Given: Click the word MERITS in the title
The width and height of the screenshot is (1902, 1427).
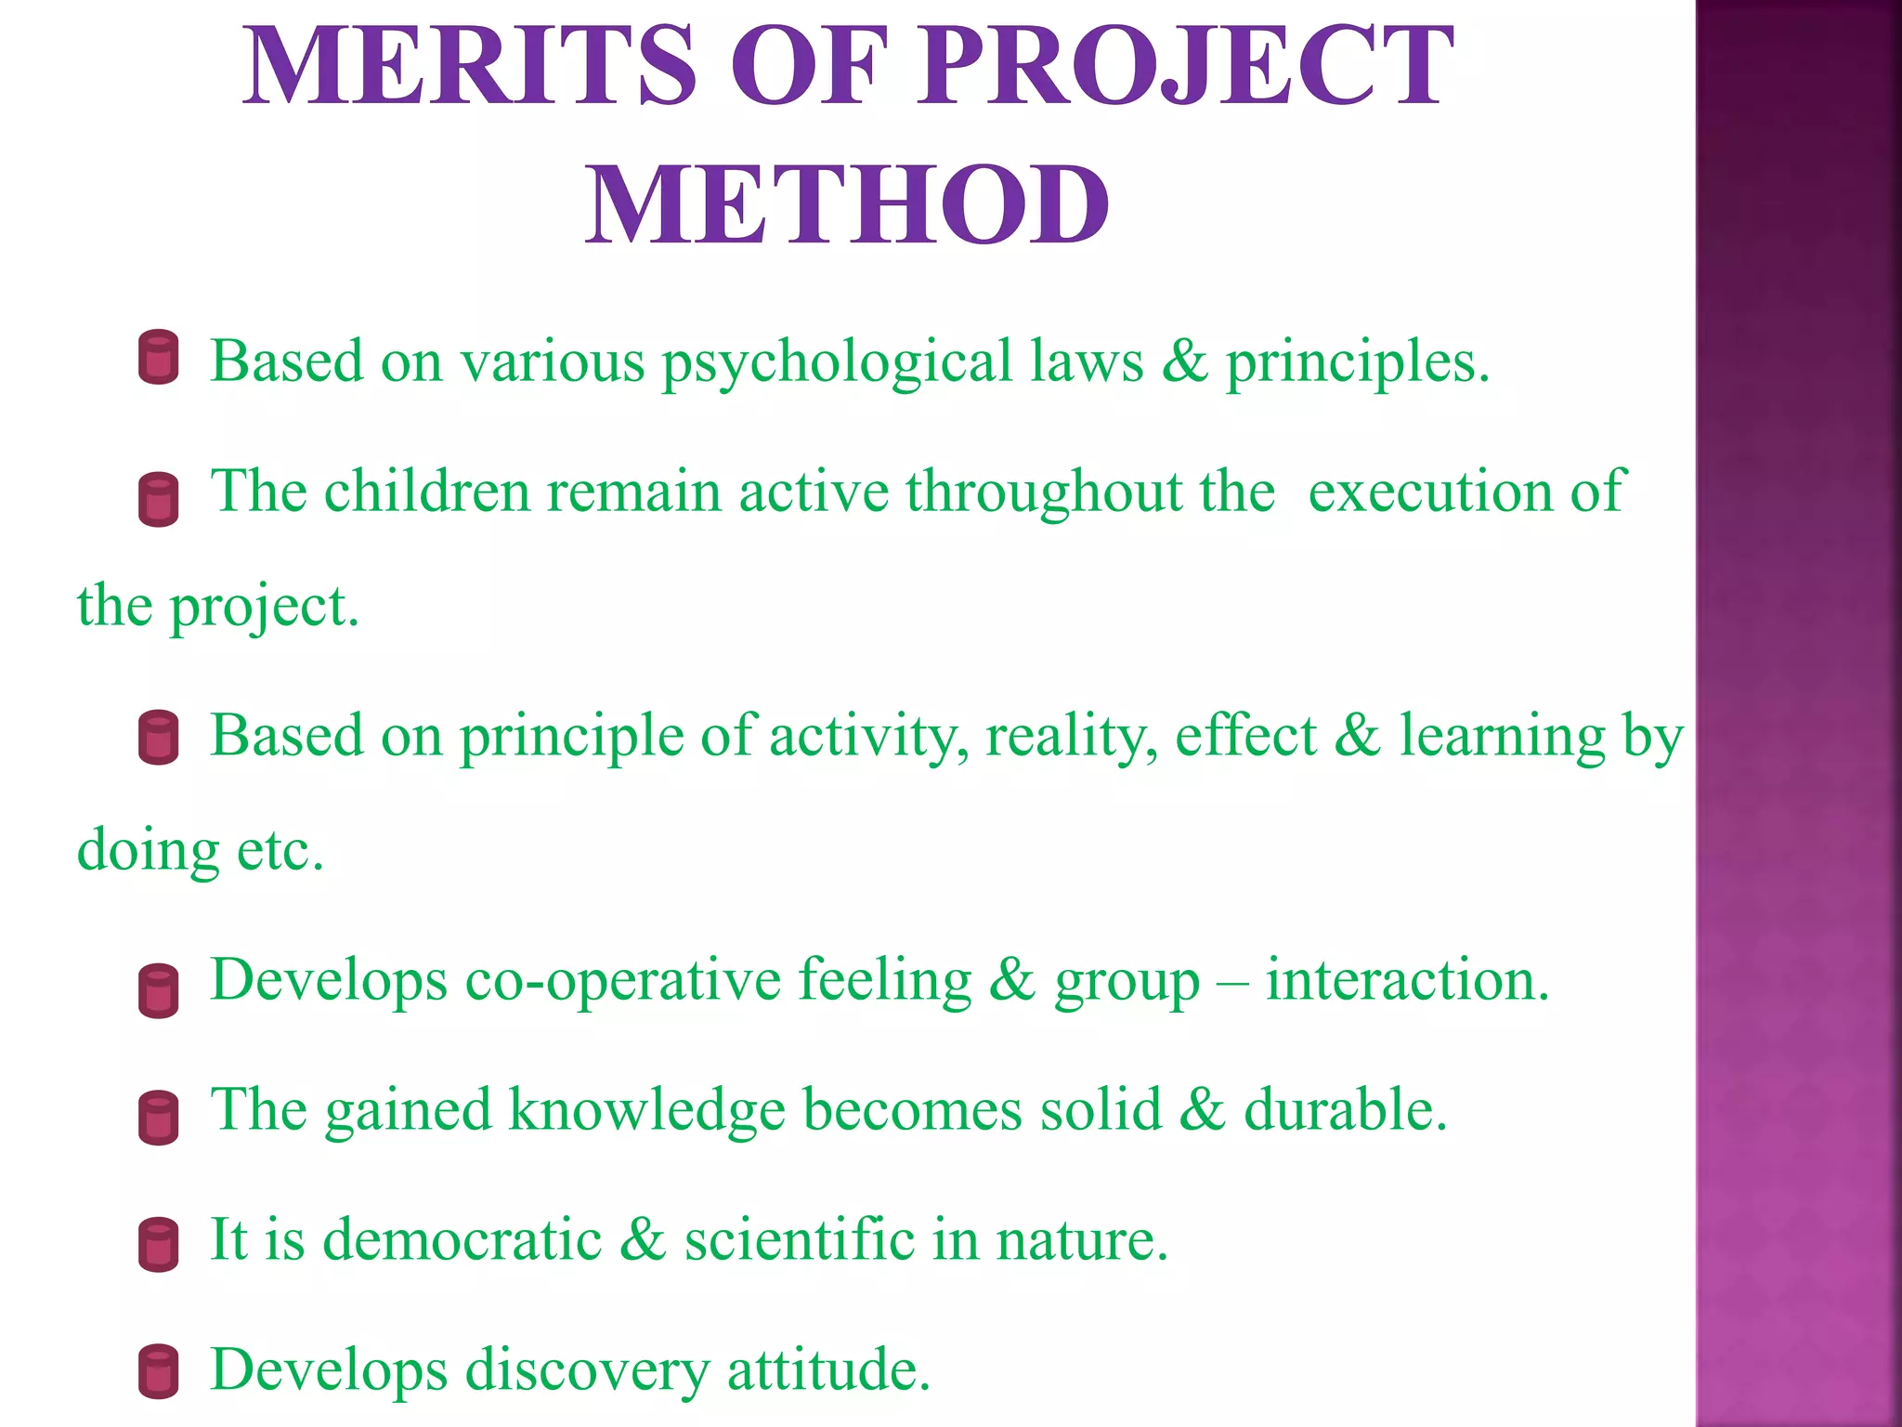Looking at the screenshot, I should click(469, 67).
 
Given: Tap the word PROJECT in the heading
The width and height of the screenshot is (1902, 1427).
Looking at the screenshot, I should click(1186, 67).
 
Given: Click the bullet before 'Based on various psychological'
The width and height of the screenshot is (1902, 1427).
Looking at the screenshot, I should click(158, 357).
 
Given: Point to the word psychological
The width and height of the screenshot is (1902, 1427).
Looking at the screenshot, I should click(836, 362).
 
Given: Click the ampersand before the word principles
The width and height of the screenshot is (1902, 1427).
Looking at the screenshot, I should click(1184, 360).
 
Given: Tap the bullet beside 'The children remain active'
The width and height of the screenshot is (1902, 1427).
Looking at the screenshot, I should click(158, 499).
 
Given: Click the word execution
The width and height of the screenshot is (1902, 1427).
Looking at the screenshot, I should click(1429, 492).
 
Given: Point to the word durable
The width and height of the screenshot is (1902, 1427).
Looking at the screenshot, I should click(1345, 1110).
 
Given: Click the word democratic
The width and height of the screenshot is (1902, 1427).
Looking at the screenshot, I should click(462, 1240).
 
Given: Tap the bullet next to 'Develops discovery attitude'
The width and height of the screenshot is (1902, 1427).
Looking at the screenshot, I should click(158, 1371).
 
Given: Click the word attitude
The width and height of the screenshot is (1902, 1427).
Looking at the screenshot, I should click(827, 1370).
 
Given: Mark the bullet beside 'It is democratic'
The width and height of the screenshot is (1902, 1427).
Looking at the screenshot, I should click(158, 1244).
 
